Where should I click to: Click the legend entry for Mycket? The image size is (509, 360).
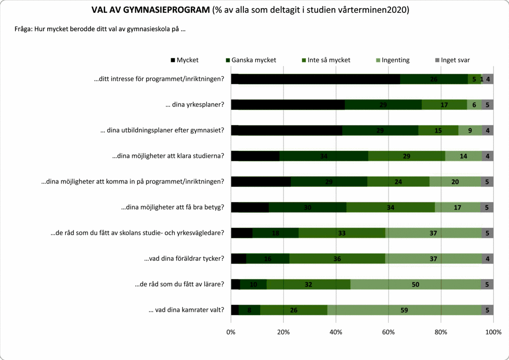[184, 60]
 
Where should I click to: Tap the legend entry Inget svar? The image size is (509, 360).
[452, 60]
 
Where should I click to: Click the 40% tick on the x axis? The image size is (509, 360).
[336, 332]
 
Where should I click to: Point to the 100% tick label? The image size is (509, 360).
[493, 332]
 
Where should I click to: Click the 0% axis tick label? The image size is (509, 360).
[231, 332]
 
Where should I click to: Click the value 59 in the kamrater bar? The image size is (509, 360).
[404, 310]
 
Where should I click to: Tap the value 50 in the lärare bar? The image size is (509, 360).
[415, 284]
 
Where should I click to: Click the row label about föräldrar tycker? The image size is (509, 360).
[184, 259]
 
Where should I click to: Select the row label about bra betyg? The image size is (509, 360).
[172, 207]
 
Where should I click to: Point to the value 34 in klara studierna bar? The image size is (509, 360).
[323, 156]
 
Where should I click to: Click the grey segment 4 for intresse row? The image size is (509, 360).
[488, 79]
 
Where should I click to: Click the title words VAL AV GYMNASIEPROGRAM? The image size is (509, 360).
[150, 10]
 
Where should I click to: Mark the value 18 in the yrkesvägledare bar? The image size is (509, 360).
[275, 233]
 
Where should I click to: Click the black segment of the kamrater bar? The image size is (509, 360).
[235, 310]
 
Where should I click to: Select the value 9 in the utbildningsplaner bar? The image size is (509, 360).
[470, 130]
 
